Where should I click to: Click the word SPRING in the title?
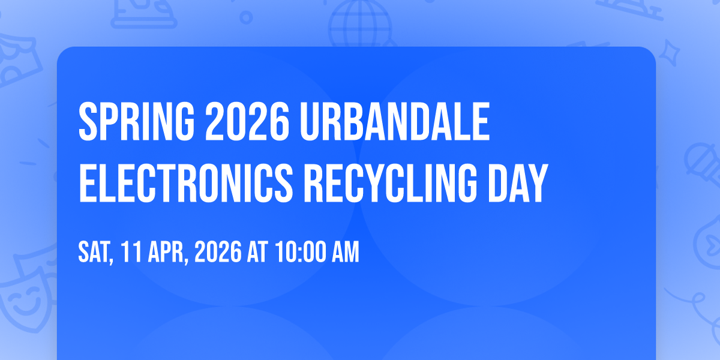(x=137, y=122)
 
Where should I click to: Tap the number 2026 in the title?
(x=247, y=122)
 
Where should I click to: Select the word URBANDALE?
(x=395, y=122)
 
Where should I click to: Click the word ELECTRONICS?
(x=186, y=183)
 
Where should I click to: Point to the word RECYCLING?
(x=391, y=183)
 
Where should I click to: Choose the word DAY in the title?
(x=518, y=183)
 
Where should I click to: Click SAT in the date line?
(x=95, y=252)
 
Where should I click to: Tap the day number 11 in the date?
(x=131, y=252)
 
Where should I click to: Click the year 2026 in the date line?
(x=218, y=252)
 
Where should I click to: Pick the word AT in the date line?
(x=257, y=252)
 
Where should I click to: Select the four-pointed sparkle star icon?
(x=670, y=53)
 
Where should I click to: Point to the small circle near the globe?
(x=246, y=17)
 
